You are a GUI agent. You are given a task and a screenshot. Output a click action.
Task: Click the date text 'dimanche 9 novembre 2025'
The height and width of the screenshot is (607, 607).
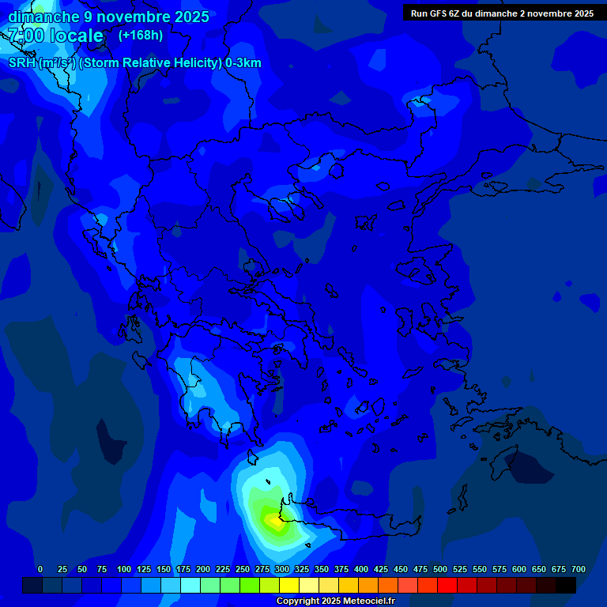pos(108,17)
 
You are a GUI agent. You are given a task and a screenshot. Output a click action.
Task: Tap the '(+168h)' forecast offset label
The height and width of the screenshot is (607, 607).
pos(141,35)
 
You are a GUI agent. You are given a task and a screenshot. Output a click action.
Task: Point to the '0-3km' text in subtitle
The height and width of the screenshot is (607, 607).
pos(243,63)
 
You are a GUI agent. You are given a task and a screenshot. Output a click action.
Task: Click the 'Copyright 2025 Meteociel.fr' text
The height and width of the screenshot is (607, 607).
pos(335,601)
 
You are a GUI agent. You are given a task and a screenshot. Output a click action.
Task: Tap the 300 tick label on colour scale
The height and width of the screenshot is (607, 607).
pos(282,569)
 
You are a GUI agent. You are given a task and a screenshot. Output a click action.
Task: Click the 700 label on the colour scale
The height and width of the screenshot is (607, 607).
pos(578,569)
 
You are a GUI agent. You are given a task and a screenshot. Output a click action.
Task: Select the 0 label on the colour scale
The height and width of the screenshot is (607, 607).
pos(40,569)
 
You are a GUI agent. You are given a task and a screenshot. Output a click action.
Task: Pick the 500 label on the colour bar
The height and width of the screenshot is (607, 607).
pos(440,569)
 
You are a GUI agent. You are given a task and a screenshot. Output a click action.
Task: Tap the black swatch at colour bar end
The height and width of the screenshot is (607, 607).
pos(566,586)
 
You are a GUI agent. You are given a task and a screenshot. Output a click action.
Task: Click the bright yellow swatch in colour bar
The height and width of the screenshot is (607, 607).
pos(289,586)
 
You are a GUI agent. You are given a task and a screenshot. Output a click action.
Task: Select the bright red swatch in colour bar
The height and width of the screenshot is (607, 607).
pos(447,586)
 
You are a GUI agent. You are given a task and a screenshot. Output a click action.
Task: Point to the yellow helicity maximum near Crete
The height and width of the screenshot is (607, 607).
pos(273,521)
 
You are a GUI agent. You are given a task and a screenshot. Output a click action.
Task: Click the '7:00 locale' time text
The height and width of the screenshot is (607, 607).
pos(55,36)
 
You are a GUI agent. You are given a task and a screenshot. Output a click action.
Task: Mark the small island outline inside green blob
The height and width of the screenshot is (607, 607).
pos(268,482)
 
